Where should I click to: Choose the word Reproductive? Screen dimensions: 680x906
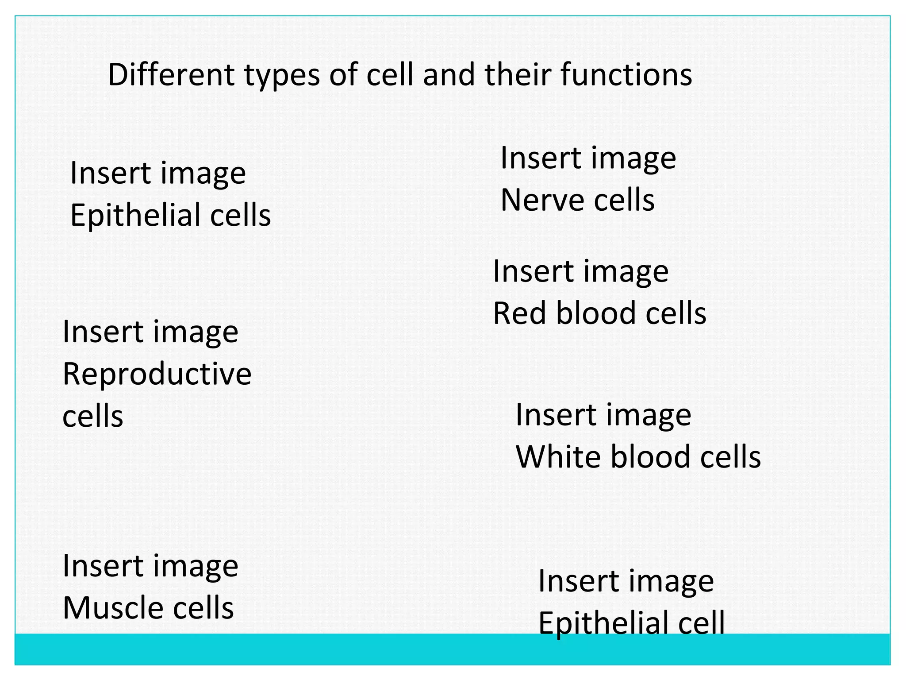click(157, 374)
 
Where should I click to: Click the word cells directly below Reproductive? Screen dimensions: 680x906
click(93, 417)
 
